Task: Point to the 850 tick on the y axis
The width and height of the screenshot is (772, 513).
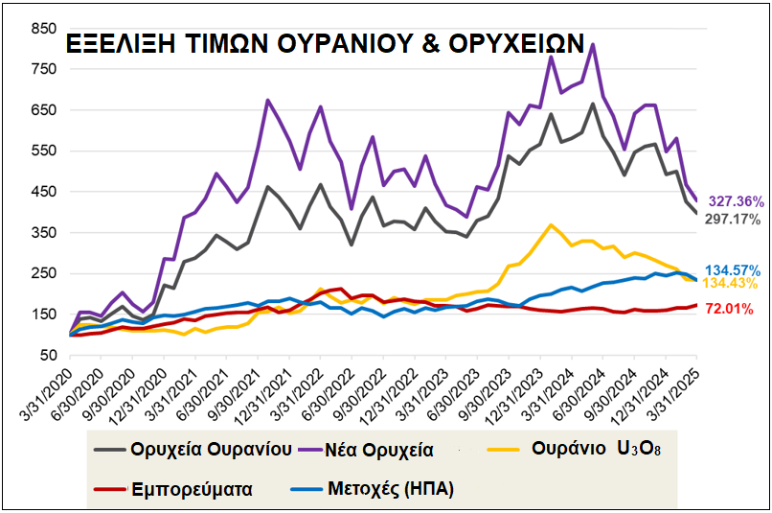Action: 44,29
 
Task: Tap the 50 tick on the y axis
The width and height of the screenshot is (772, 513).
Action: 48,355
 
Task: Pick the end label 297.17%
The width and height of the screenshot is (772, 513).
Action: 733,220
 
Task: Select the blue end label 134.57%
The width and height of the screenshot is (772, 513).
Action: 734,269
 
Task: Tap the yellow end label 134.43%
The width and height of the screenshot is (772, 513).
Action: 734,285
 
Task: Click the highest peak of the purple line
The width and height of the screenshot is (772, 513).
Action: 593,44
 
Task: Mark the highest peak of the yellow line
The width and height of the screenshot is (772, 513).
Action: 551,225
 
